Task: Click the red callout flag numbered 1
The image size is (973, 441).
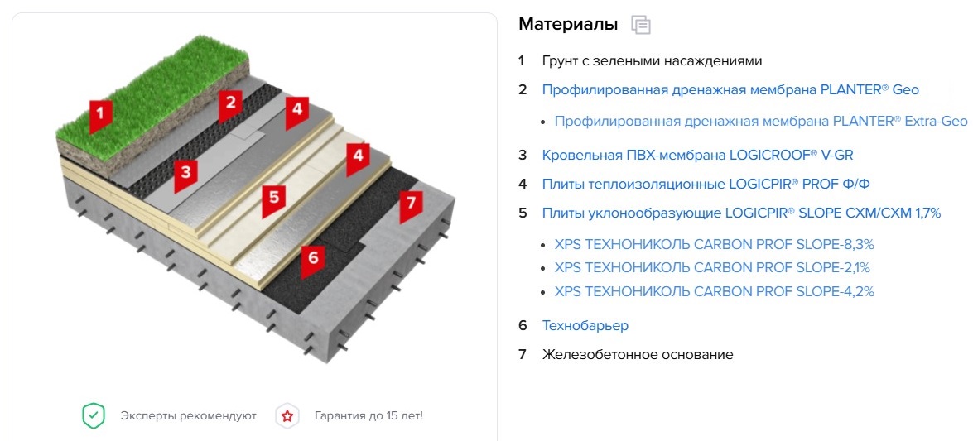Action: tap(100, 116)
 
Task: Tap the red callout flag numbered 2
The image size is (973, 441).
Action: tap(230, 105)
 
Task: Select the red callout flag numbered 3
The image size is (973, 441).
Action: tap(185, 175)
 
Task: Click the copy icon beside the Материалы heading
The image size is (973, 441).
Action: tap(640, 25)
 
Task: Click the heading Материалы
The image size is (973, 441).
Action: tap(568, 25)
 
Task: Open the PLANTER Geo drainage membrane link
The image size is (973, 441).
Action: tap(730, 90)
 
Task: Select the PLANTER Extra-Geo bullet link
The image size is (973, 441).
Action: tap(761, 121)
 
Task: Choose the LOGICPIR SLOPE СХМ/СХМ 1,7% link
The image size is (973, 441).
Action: tap(741, 213)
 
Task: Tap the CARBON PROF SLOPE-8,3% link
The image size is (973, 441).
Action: tap(715, 244)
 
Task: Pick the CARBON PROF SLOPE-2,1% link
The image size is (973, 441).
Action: tap(712, 268)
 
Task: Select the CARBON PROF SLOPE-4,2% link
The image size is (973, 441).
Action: tap(715, 291)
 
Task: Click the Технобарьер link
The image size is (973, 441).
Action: tap(585, 326)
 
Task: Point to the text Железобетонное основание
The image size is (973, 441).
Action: tap(638, 355)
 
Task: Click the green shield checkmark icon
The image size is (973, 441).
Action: tap(93, 415)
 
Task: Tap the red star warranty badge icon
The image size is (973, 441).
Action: tap(287, 415)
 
